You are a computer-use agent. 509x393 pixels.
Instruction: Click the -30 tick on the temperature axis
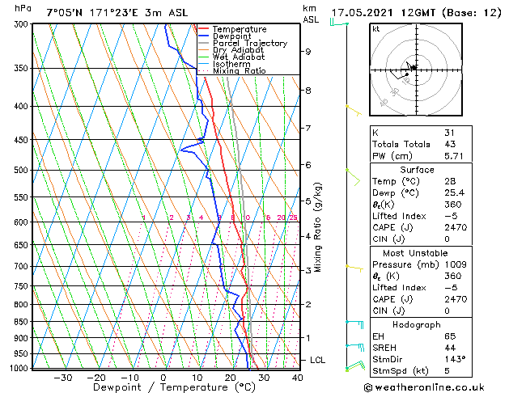tap(62, 377)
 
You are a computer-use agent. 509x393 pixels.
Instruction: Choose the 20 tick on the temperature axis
tap(230, 377)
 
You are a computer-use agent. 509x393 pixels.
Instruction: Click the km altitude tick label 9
tap(308, 52)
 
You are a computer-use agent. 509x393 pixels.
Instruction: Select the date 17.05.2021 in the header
tap(366, 13)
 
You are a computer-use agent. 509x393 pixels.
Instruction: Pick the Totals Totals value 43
tap(449, 143)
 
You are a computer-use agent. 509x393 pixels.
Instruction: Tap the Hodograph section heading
tap(416, 324)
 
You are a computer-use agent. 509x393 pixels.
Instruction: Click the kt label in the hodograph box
tap(376, 29)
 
